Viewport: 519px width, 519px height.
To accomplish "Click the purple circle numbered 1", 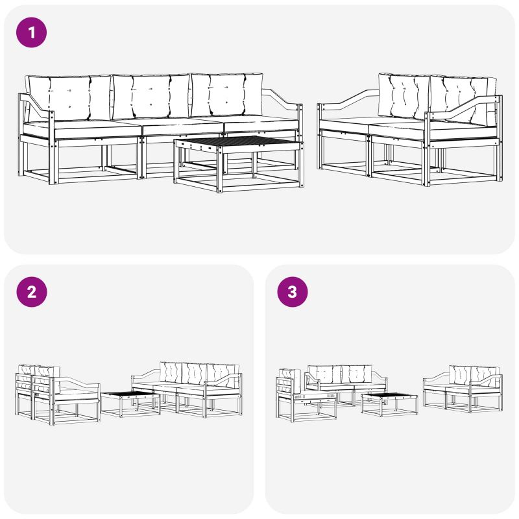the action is [31, 32].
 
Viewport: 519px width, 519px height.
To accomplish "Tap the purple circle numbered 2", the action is [31, 291].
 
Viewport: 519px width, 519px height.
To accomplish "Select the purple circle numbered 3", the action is [293, 291].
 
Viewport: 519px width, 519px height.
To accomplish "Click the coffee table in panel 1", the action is [239, 164].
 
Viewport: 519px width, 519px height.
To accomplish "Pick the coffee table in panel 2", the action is [130, 404].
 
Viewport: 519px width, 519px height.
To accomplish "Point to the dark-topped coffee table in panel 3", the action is [389, 404].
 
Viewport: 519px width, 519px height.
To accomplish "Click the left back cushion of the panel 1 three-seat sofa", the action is [68, 98].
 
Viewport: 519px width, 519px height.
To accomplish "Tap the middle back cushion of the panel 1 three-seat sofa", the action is [151, 97].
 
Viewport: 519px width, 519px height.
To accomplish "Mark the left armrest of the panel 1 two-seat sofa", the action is [348, 101].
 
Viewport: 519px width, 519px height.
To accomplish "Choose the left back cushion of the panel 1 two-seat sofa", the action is [404, 96].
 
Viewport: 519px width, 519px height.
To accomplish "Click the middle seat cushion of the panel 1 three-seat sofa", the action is [182, 126].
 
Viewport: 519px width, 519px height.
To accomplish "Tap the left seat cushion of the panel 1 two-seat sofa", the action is [344, 124].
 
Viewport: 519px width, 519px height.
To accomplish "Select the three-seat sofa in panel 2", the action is [187, 389].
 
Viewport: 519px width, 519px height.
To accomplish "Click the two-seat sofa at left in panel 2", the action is [57, 394].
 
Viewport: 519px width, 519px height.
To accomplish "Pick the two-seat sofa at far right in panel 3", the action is [463, 389].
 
